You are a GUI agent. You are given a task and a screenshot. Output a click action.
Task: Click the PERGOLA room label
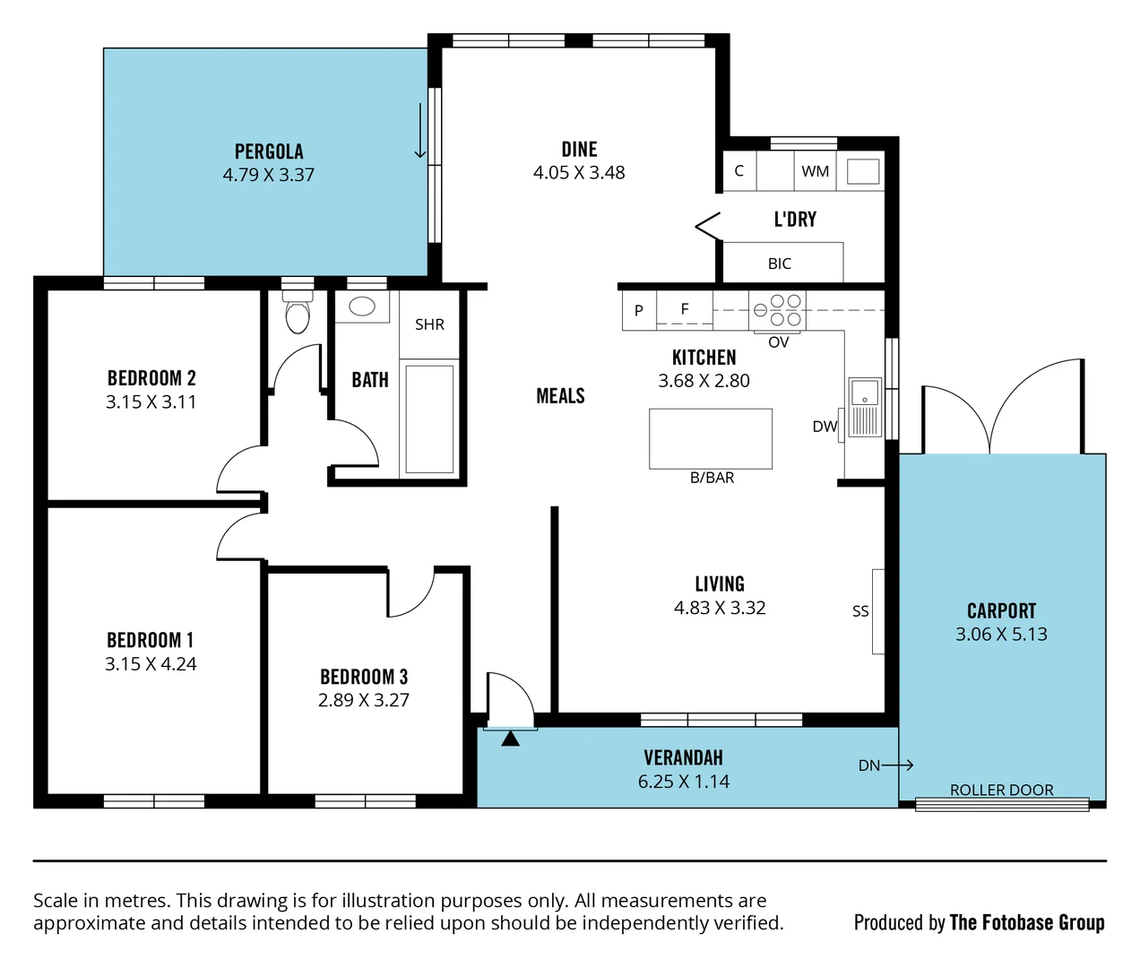[x=269, y=151]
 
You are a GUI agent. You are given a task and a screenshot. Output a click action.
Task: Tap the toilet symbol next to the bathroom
[x=297, y=314]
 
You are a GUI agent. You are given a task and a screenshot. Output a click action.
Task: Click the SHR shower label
[x=429, y=324]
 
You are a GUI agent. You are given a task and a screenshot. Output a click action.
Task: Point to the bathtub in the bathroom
[x=429, y=418]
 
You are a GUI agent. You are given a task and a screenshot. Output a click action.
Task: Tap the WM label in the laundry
[x=815, y=171]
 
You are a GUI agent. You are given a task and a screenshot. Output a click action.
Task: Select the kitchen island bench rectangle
[x=711, y=438]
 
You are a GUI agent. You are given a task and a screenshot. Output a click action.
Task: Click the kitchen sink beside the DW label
[x=865, y=406]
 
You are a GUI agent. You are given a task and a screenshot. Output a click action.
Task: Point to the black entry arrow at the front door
[x=510, y=739]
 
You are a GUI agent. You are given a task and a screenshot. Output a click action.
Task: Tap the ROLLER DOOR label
[x=1001, y=790]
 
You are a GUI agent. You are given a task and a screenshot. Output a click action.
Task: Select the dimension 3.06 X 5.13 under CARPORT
[x=1001, y=635]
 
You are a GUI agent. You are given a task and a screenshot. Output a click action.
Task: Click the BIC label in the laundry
[x=780, y=264]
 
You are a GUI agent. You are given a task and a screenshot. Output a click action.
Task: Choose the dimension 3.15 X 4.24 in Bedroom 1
[x=151, y=664]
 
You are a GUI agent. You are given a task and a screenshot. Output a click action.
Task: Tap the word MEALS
[x=560, y=396]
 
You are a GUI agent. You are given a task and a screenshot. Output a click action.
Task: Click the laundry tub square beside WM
[x=862, y=171]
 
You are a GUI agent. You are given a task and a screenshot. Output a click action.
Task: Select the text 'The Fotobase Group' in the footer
[x=1026, y=922]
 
